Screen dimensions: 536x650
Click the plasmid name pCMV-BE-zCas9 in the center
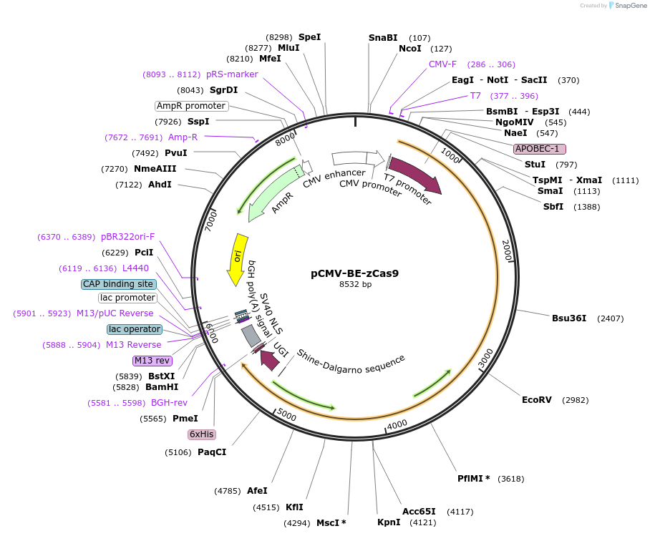pos(354,273)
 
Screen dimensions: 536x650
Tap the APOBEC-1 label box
pos(540,149)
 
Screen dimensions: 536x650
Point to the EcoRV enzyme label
pos(537,399)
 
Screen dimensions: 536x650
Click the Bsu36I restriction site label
pos(569,318)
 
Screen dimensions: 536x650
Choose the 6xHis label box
pos(202,434)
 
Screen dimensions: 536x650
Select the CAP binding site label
pos(118,284)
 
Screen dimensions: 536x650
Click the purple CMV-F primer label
pos(442,64)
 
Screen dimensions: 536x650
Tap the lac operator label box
pos(135,329)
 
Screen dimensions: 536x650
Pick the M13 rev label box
pos(152,360)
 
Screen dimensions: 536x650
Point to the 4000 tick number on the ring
pos(397,424)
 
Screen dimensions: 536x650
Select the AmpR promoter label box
pos(191,106)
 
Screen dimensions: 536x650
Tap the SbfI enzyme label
pos(553,207)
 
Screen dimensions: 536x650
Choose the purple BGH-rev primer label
pos(169,403)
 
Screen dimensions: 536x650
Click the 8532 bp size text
pos(354,284)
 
